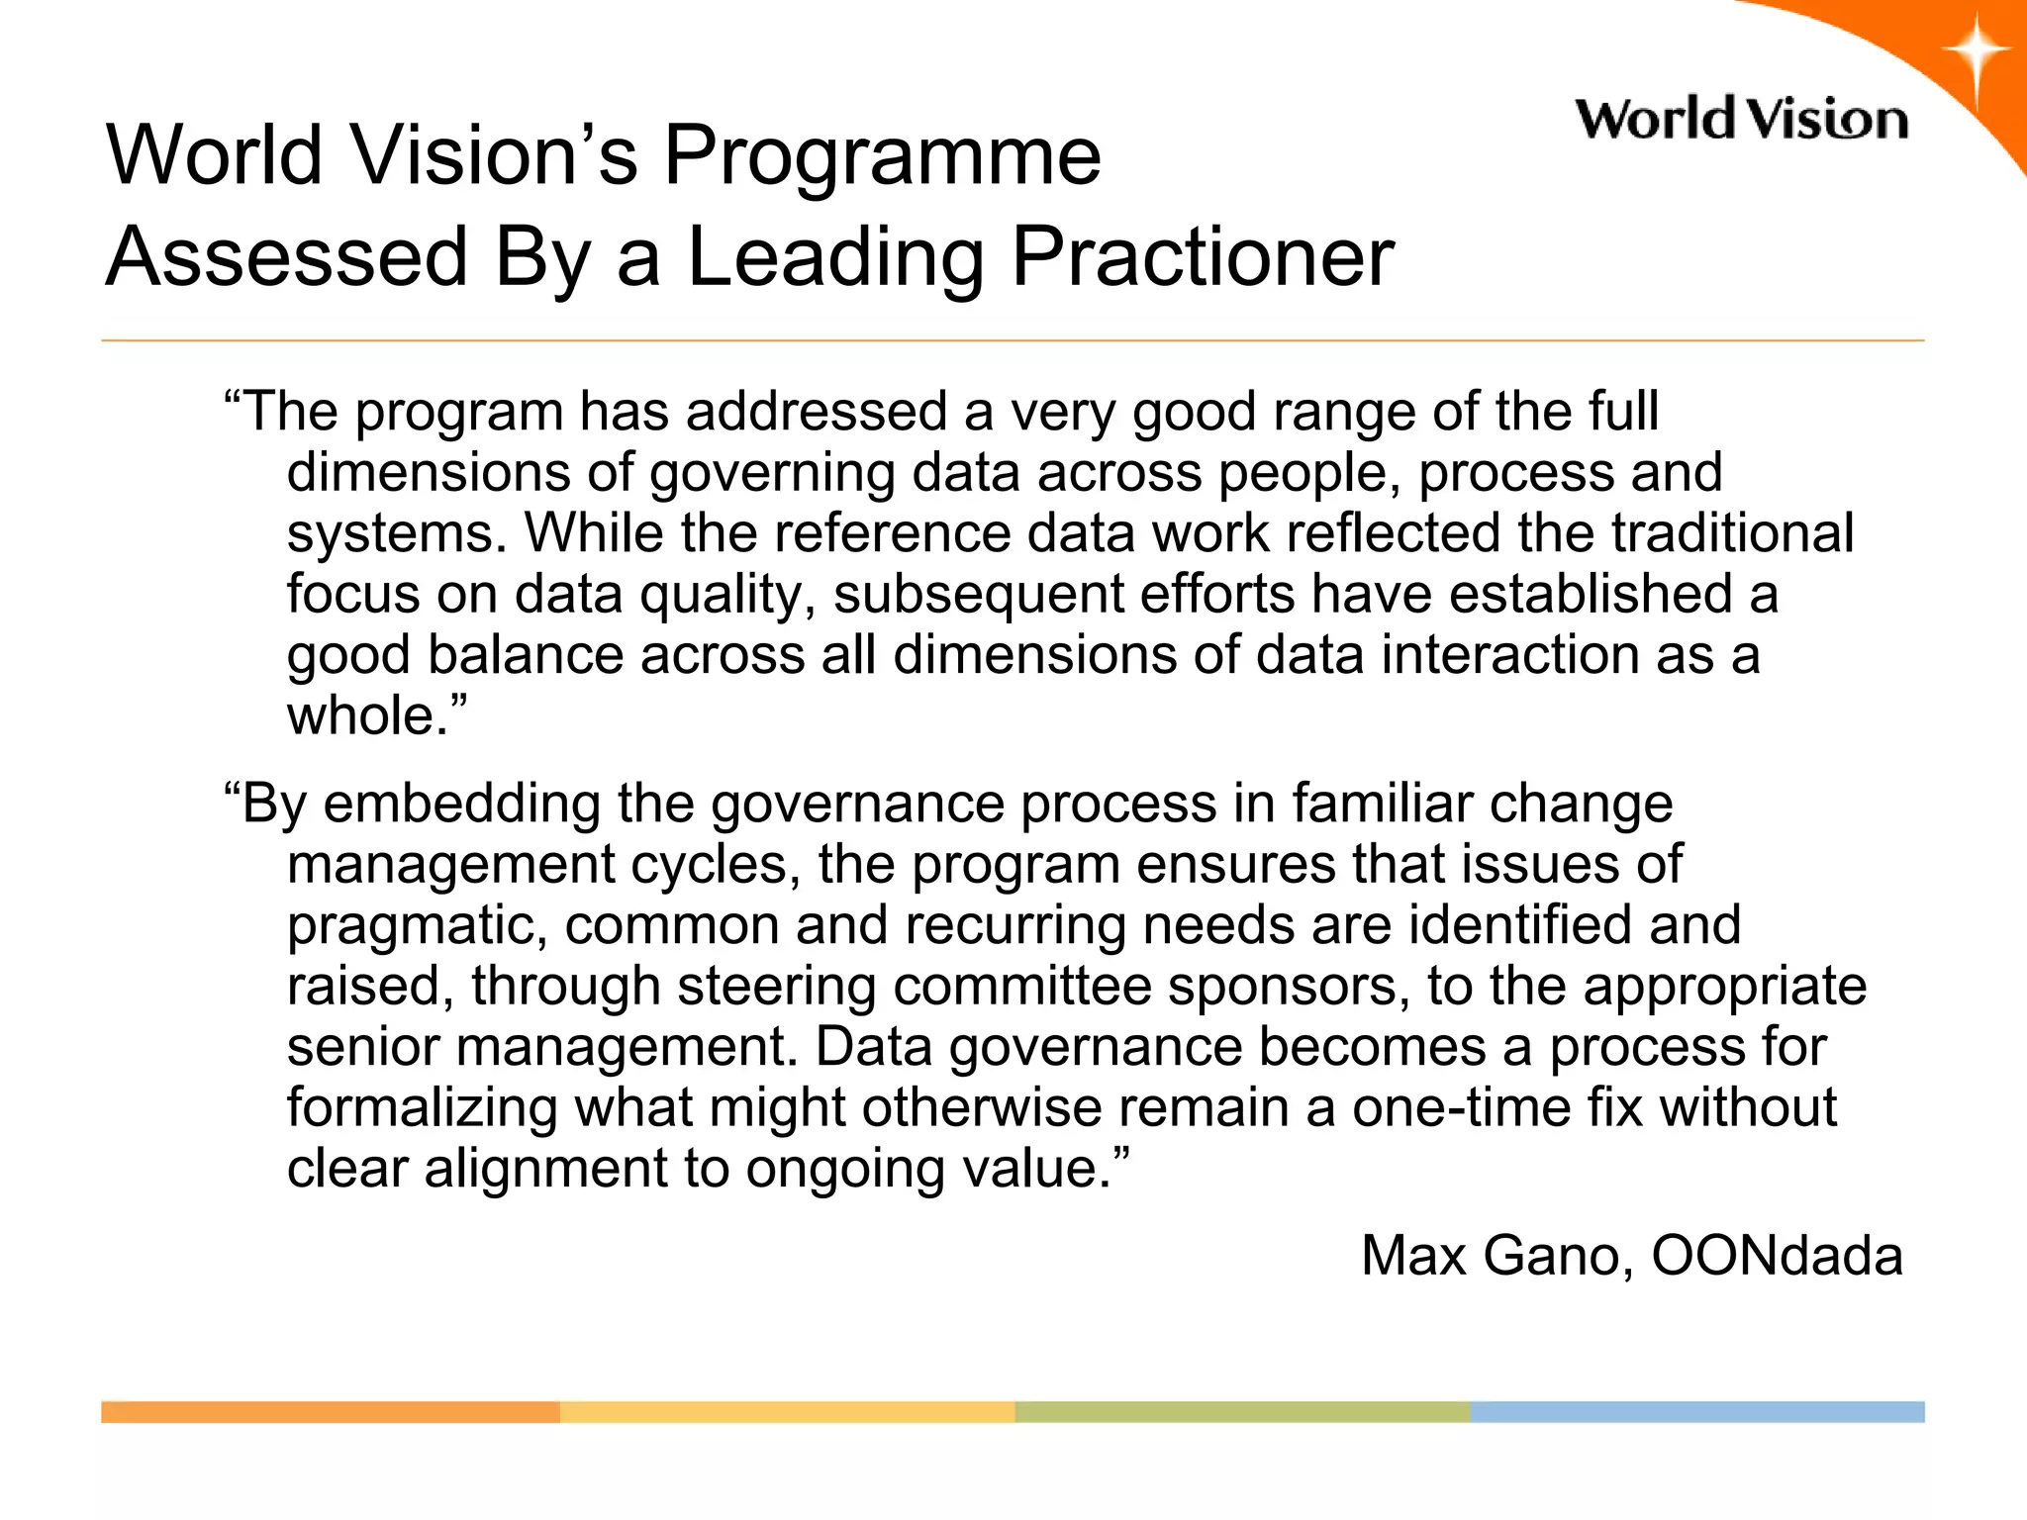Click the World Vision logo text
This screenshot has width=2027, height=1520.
tap(1741, 120)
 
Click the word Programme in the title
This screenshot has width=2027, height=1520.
tap(881, 155)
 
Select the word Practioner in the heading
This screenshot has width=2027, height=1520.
tap(1202, 256)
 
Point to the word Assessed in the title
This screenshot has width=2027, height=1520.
tap(286, 256)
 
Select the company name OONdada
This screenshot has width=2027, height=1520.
tap(1777, 1256)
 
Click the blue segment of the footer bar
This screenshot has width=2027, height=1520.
tap(1697, 1412)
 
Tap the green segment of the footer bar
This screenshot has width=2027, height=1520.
tap(1242, 1412)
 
